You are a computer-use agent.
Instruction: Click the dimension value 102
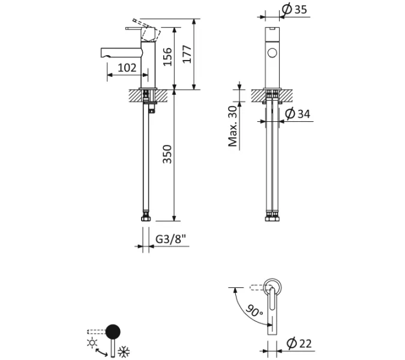pyautogui.click(x=126, y=68)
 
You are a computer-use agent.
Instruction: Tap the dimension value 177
pyautogui.click(x=188, y=55)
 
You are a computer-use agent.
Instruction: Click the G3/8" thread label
pyautogui.click(x=171, y=239)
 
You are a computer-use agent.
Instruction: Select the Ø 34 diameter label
pyautogui.click(x=298, y=113)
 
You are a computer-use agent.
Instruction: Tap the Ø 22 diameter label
pyautogui.click(x=298, y=343)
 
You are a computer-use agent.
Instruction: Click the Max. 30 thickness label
pyautogui.click(x=233, y=125)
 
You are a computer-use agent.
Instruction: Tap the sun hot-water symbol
pyautogui.click(x=92, y=343)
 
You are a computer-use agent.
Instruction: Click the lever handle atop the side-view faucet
pyautogui.click(x=138, y=27)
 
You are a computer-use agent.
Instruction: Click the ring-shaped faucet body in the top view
pyautogui.click(x=272, y=287)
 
